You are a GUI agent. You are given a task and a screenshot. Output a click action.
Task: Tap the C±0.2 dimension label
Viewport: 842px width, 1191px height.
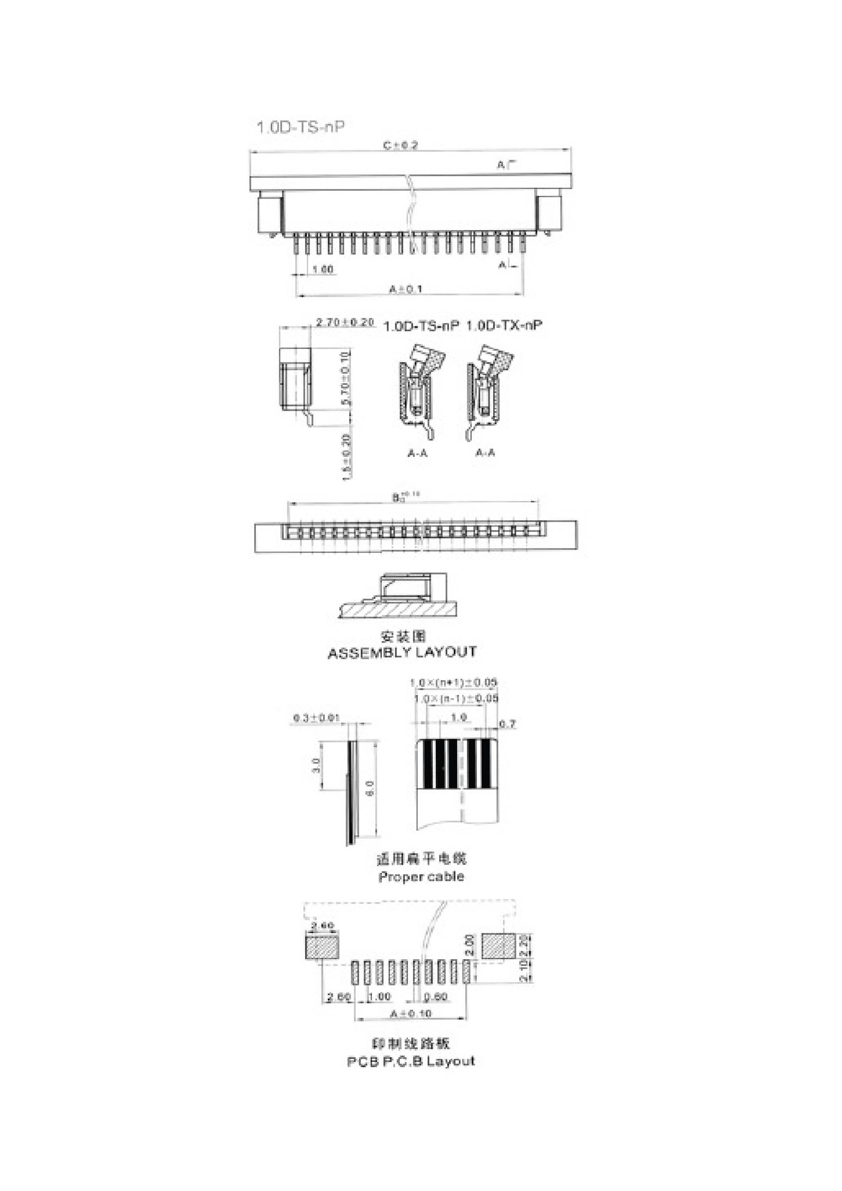tap(400, 146)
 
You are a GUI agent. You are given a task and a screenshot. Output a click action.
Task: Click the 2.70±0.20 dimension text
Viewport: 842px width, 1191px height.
tap(345, 322)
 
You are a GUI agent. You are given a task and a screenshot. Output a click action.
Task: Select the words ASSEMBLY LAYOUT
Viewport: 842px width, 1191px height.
tap(402, 653)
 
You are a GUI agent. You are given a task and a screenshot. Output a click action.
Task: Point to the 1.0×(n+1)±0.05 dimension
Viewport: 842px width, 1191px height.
tap(453, 683)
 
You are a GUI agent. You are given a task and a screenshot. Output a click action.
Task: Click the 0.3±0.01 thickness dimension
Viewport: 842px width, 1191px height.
tap(316, 719)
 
